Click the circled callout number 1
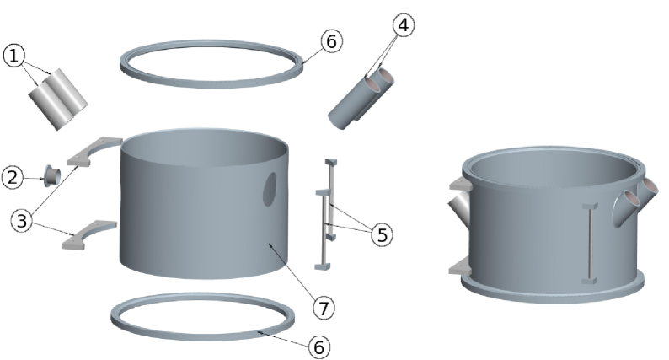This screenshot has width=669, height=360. [x=15, y=56]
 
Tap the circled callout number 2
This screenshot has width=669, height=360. [x=12, y=177]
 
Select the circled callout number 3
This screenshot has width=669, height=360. [x=22, y=221]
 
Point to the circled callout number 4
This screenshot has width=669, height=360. [x=402, y=25]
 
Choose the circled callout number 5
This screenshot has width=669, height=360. [x=383, y=235]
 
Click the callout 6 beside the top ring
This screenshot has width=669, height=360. [x=332, y=40]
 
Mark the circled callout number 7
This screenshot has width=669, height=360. [x=323, y=308]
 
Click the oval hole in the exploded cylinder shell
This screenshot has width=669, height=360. [x=270, y=189]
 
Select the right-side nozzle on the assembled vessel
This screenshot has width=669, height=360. [x=640, y=199]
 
